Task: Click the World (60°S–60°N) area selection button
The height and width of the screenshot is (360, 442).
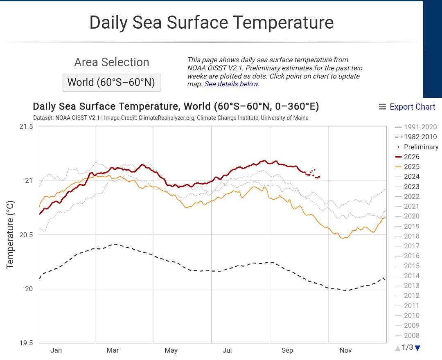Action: (112, 83)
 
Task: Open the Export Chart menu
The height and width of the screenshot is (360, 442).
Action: (407, 107)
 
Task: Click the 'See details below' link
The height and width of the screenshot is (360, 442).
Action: (231, 84)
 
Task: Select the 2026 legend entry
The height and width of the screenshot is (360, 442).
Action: (407, 157)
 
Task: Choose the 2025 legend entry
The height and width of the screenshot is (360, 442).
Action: (407, 166)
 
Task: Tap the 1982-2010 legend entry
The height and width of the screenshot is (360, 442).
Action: (416, 137)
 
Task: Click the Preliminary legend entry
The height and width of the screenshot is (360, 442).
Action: (417, 147)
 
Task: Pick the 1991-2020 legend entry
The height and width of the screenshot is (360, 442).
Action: (416, 127)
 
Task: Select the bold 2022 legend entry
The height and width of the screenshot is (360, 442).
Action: (407, 196)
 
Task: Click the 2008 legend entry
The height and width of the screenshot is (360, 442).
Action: (407, 335)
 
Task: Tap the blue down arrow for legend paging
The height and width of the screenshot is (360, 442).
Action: (418, 348)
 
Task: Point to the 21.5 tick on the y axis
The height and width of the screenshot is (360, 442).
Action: (26, 127)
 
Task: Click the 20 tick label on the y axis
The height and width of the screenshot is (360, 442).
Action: (29, 289)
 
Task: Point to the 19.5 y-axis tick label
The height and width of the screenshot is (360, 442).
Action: (26, 343)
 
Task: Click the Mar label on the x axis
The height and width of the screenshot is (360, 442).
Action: (113, 351)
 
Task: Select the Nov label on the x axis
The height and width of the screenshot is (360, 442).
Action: (345, 351)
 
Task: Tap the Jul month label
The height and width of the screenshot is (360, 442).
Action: (227, 351)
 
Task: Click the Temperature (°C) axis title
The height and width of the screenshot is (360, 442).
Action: (10, 234)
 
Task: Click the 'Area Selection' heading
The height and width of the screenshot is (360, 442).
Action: (112, 62)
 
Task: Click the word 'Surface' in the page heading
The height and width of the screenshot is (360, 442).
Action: (197, 22)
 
